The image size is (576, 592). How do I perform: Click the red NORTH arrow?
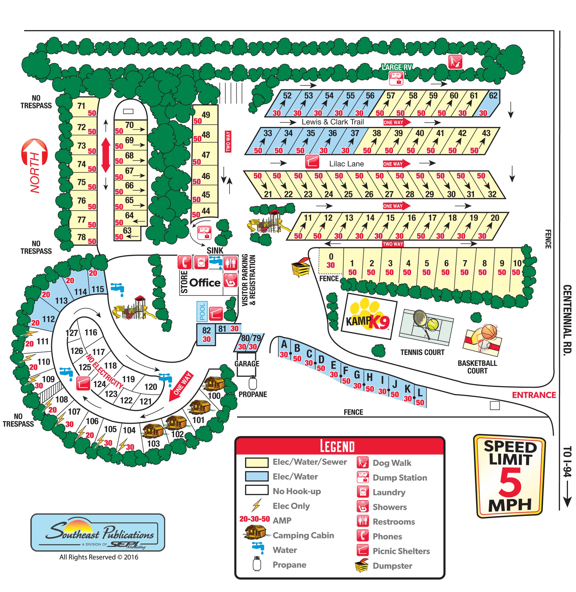35,165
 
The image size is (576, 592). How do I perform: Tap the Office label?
205,283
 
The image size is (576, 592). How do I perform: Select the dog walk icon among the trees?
455,62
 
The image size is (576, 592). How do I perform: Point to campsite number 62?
493,96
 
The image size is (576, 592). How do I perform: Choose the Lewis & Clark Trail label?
333,122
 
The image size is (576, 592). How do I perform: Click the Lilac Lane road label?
346,164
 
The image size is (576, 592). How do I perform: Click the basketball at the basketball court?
489,332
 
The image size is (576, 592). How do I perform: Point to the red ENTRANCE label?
534,395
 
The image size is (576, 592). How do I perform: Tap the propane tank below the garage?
253,383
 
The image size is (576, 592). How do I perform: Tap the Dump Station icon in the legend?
363,477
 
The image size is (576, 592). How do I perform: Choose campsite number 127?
72,333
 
